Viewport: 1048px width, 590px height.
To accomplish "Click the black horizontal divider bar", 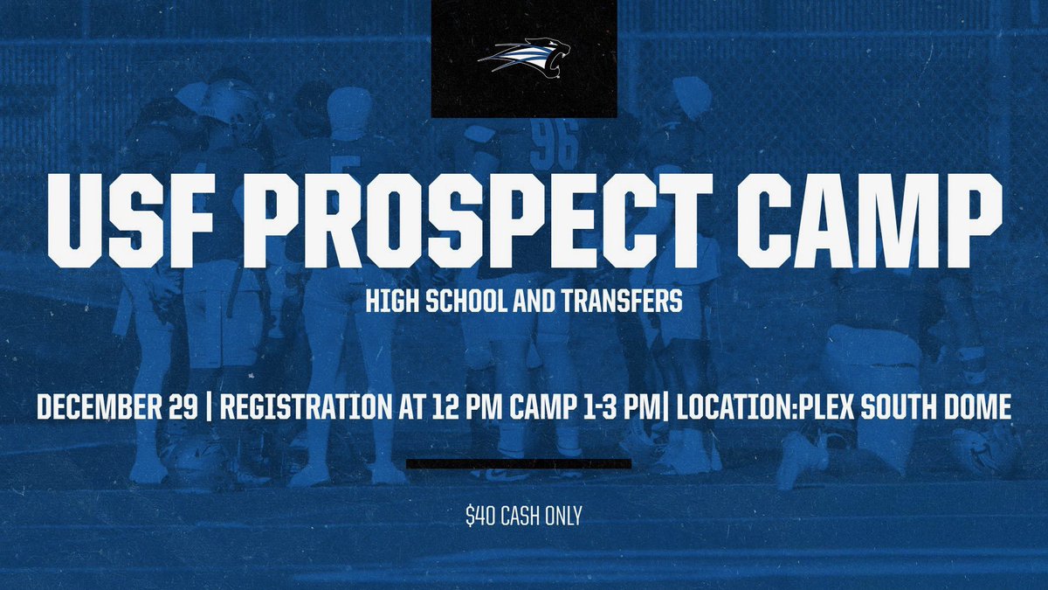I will point(519,463).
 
